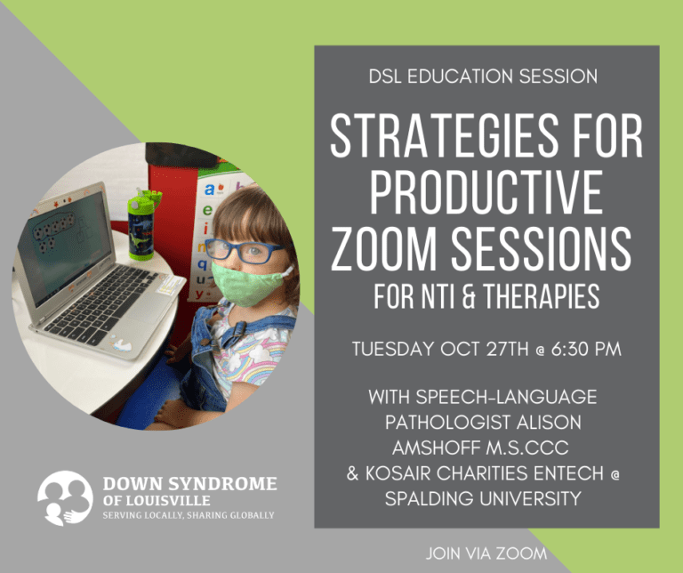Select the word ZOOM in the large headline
(383, 248)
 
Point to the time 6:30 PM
(586, 350)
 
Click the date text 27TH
(507, 350)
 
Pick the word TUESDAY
(393, 350)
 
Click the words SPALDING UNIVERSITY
(483, 498)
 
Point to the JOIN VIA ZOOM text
(486, 553)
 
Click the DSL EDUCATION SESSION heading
(483, 77)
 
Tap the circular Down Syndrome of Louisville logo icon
(65, 498)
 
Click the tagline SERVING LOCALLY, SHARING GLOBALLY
(189, 515)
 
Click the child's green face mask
(247, 283)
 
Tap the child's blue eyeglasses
(243, 250)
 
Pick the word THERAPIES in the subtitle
(542, 297)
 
